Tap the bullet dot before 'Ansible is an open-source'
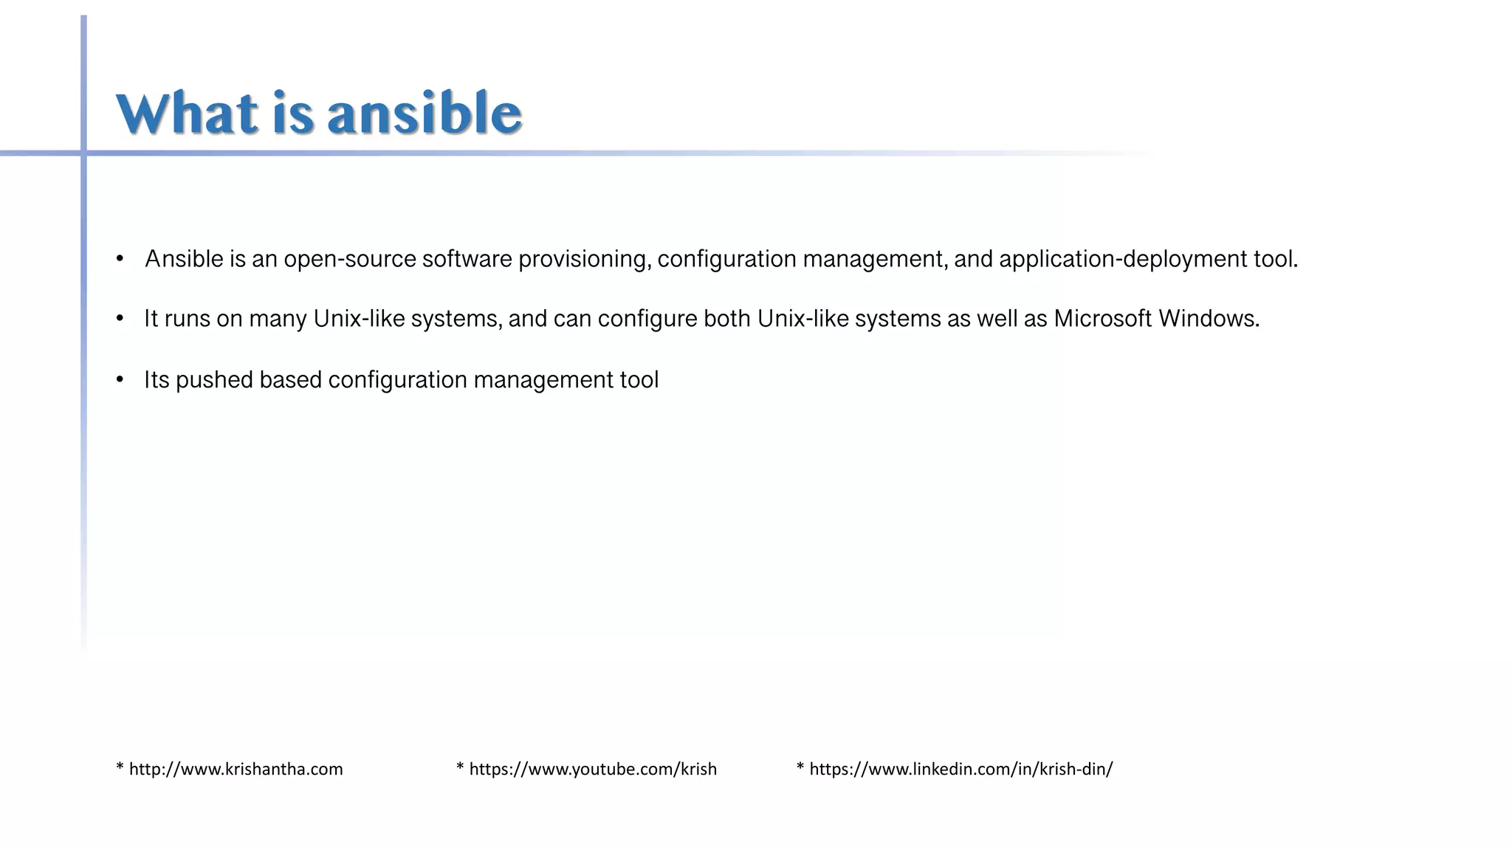(x=120, y=259)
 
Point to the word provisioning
(x=584, y=260)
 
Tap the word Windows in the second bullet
(x=1208, y=319)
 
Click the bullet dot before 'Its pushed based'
(x=120, y=379)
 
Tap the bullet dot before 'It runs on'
(x=120, y=319)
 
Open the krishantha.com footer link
(x=235, y=770)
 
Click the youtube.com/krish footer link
(x=592, y=770)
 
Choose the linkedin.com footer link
(x=960, y=770)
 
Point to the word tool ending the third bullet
(x=639, y=380)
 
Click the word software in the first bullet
(x=467, y=260)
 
